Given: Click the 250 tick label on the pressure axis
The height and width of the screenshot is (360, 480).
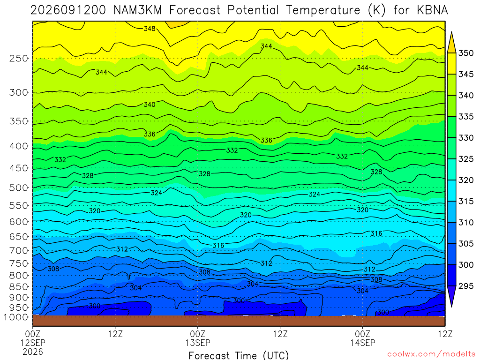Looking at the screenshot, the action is (19, 58).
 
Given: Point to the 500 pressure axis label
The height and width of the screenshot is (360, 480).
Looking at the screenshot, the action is (19, 187).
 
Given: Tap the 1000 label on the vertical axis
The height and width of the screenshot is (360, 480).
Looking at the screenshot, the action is (15, 317).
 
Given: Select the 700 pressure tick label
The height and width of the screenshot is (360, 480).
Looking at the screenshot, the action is (19, 250).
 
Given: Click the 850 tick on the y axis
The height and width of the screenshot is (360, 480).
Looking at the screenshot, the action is (19, 287).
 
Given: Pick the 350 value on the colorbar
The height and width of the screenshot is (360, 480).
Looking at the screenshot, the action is (465, 53).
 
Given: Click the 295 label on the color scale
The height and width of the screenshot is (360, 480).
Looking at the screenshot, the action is (465, 286).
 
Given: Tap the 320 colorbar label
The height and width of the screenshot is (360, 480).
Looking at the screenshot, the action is (465, 180).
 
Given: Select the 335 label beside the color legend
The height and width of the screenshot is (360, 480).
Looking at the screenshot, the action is (465, 117).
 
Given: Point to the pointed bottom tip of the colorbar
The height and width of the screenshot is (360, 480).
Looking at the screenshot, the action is (451, 307).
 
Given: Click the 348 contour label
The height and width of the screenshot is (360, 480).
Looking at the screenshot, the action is (150, 29).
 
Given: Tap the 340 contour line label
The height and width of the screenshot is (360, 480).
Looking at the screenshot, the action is (150, 105).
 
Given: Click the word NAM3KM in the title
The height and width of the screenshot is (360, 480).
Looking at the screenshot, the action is (138, 10).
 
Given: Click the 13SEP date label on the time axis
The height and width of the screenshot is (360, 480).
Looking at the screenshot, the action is (198, 343).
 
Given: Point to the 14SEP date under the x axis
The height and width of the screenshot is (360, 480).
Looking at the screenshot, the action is (363, 343).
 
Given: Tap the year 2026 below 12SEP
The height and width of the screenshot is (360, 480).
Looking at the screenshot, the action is (33, 352).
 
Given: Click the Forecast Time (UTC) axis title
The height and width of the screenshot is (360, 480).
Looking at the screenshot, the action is (239, 355).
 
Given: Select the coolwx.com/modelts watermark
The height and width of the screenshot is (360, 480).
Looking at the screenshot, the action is (431, 354).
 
